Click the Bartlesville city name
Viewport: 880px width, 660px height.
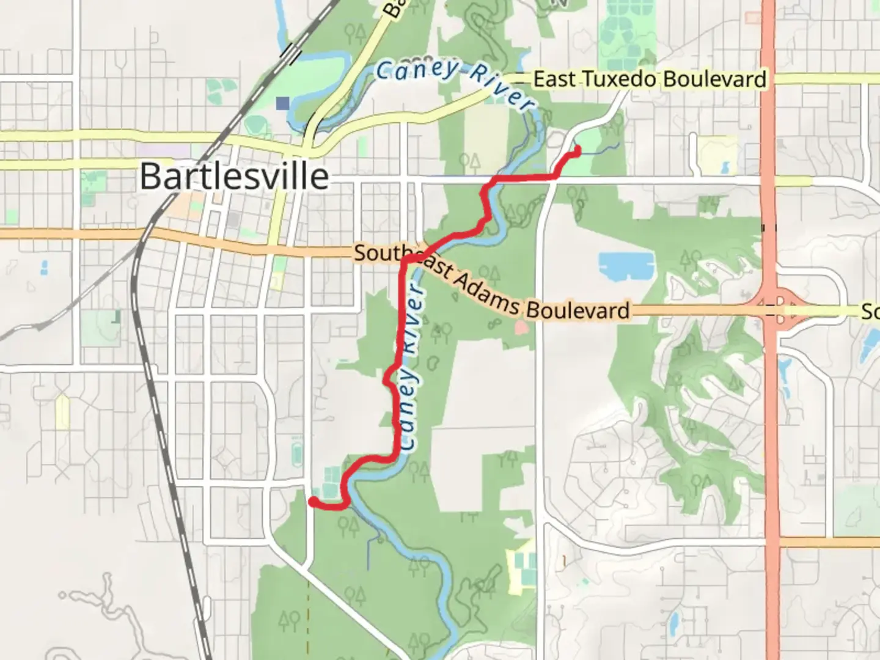234,177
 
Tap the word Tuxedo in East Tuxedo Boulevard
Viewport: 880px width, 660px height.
618,79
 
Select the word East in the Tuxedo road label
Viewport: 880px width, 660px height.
554,79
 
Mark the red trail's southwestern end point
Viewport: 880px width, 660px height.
312,501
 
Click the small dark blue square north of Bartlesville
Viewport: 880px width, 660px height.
282,103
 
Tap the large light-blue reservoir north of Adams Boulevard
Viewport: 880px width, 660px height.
626,265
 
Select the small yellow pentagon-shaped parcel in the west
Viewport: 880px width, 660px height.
62,411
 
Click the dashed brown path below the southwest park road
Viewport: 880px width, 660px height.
308,611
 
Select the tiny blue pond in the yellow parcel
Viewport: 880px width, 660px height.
725,167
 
